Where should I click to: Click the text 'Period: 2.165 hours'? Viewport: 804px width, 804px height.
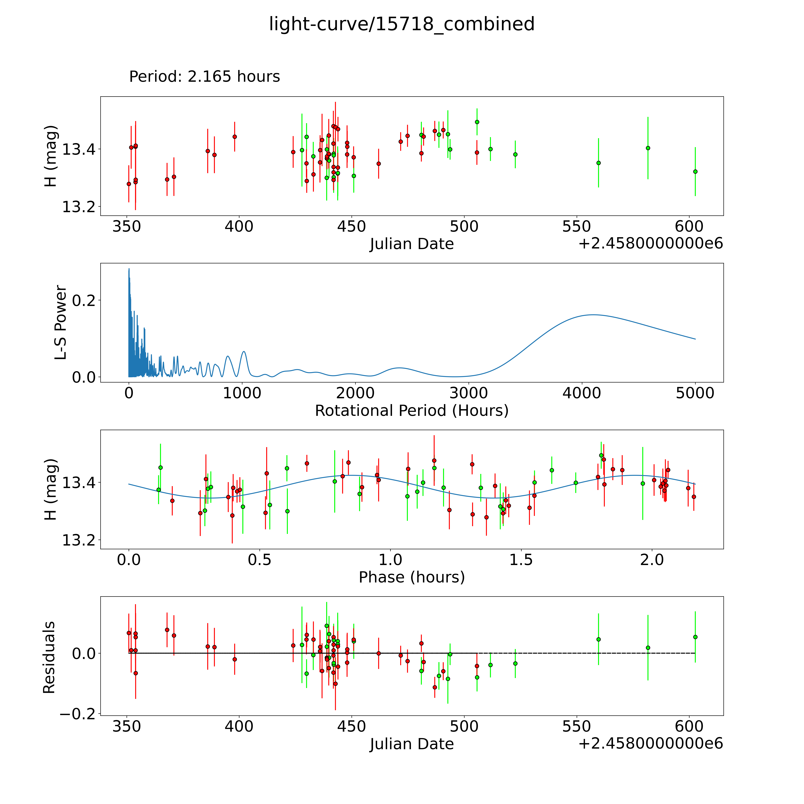point(204,77)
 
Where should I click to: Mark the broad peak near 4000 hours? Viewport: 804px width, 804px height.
point(593,315)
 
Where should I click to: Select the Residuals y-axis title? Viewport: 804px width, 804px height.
point(49,657)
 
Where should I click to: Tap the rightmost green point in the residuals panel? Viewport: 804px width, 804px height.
point(695,637)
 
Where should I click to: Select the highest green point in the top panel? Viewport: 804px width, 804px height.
point(477,122)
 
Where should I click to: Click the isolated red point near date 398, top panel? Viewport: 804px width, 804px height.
point(235,137)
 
